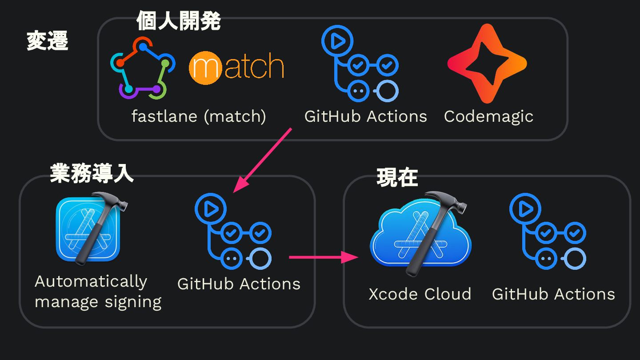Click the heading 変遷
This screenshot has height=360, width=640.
pyautogui.click(x=48, y=40)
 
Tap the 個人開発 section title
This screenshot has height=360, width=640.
pyautogui.click(x=179, y=20)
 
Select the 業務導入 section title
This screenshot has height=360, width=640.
pyautogui.click(x=92, y=173)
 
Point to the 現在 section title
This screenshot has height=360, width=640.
pyautogui.click(x=397, y=177)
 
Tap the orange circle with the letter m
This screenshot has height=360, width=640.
pyautogui.click(x=205, y=68)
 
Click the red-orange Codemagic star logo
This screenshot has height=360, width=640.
pyautogui.click(x=487, y=63)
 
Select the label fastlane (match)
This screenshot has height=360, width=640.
pyautogui.click(x=199, y=116)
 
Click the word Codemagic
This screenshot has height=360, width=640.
pyautogui.click(x=488, y=116)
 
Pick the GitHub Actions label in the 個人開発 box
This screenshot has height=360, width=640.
pyautogui.click(x=366, y=116)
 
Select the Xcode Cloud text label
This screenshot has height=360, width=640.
pyautogui.click(x=420, y=294)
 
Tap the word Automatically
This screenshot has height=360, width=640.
pyautogui.click(x=91, y=282)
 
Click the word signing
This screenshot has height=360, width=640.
pyautogui.click(x=133, y=303)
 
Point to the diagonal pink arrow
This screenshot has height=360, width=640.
pyautogui.click(x=262, y=160)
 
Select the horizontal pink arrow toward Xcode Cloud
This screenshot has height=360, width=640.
pyautogui.click(x=324, y=257)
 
